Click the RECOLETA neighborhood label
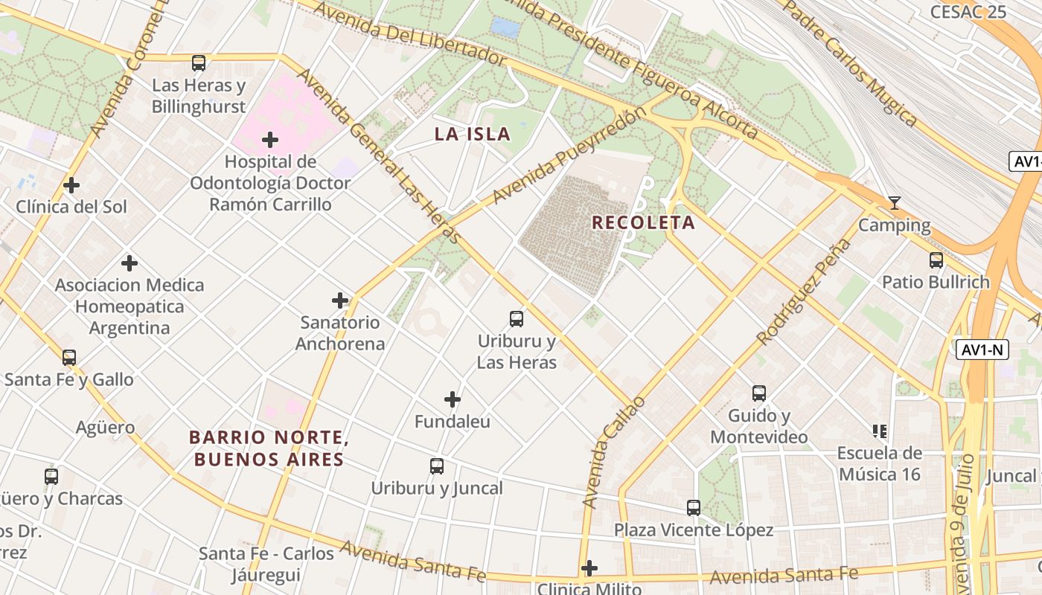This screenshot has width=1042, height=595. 643,222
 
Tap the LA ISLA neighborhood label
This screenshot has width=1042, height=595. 473,135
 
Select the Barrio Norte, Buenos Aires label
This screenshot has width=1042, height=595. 269,448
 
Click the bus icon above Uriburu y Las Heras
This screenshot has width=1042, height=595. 516,319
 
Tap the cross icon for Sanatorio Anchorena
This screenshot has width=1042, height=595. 340,300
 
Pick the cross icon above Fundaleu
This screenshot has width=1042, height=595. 452,399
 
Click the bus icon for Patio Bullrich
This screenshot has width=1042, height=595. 936,260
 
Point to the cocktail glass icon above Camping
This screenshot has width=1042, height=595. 894,203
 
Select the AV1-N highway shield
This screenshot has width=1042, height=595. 982,350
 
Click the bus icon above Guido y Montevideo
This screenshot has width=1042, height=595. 758,393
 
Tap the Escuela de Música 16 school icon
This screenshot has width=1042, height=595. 879,431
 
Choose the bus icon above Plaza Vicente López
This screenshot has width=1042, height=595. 693,508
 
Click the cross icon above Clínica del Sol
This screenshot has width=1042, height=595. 71,184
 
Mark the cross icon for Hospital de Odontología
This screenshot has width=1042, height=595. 270,140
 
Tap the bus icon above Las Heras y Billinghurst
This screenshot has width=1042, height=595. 198,63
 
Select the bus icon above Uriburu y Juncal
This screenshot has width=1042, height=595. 437,466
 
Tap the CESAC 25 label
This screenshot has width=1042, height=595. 968,12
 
